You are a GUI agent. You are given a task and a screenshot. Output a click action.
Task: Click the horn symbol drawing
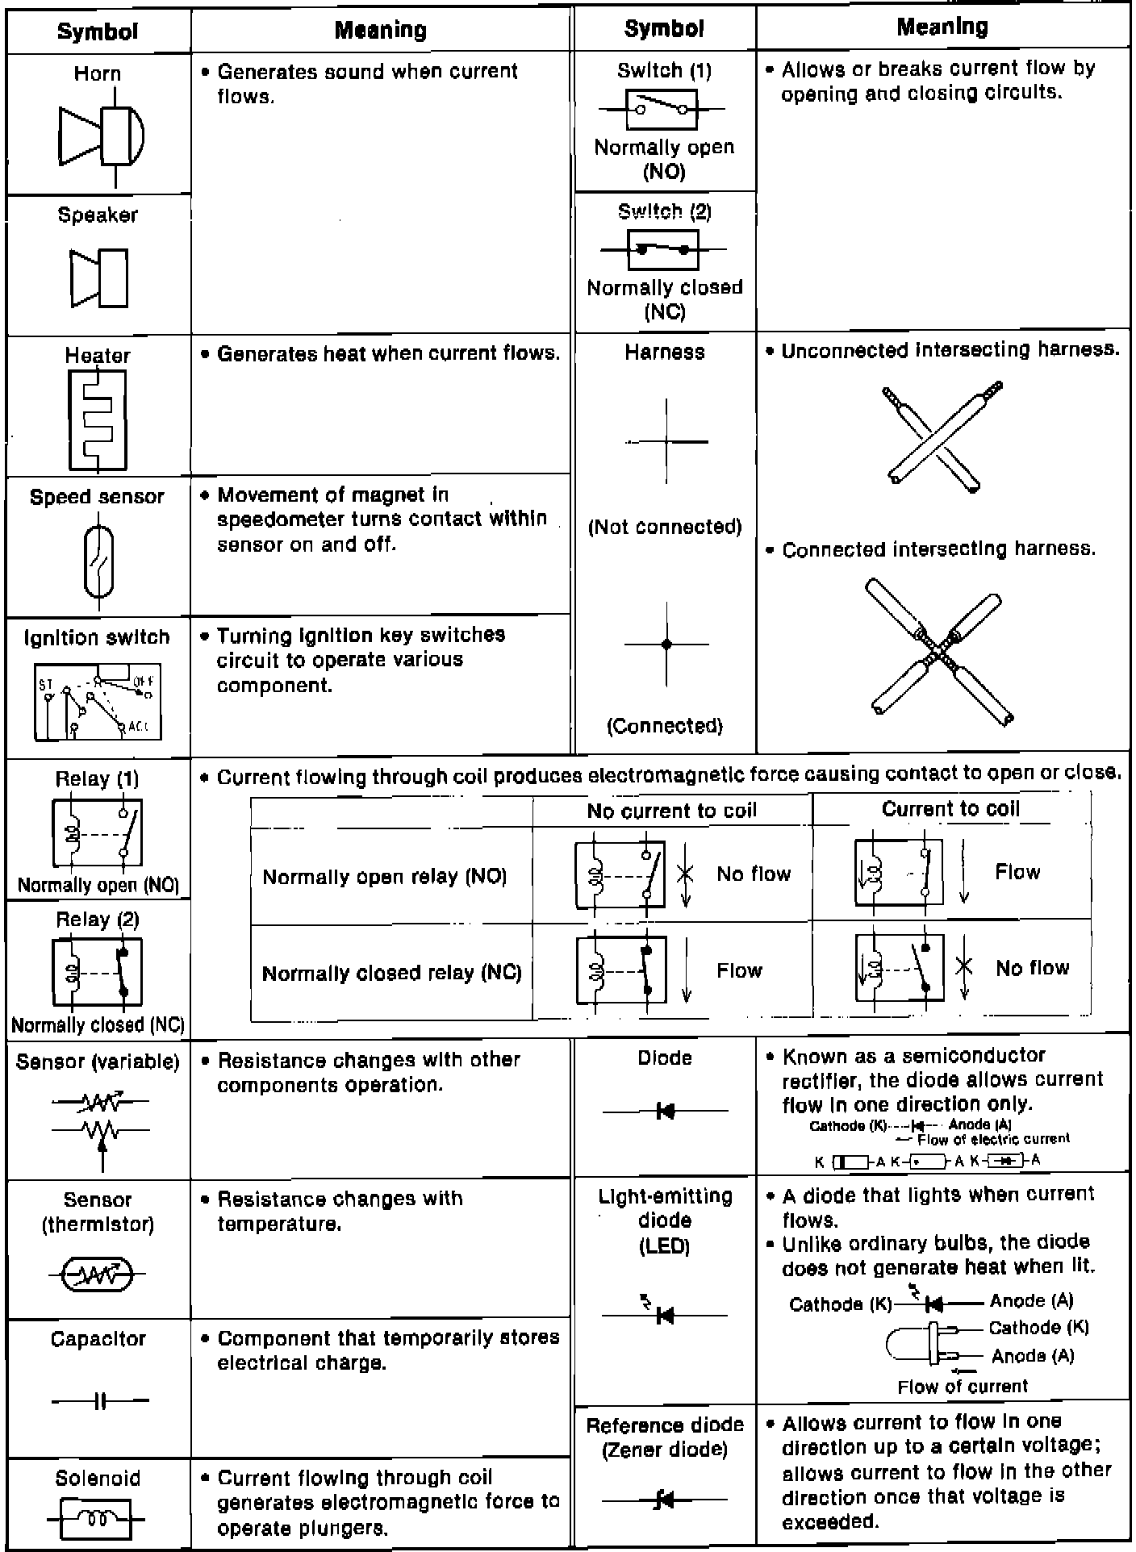click(x=102, y=134)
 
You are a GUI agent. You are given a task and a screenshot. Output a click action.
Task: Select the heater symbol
click(x=97, y=419)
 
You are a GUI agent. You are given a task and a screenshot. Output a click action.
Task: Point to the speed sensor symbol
click(x=98, y=561)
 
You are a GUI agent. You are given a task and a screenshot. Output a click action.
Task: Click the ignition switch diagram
click(x=98, y=702)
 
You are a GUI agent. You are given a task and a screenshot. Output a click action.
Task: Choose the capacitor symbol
click(x=100, y=1402)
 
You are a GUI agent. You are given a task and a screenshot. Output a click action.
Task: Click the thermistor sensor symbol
click(x=98, y=1275)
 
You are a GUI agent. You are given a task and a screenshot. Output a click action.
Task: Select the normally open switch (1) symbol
click(x=662, y=109)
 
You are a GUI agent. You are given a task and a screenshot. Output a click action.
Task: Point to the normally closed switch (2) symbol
click(x=662, y=249)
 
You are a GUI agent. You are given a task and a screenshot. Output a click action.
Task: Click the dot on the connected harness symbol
click(x=666, y=645)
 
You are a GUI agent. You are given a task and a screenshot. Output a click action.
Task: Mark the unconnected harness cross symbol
click(x=666, y=442)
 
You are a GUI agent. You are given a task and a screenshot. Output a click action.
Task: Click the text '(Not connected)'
click(x=665, y=528)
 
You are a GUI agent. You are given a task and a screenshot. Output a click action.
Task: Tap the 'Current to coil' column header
click(x=950, y=809)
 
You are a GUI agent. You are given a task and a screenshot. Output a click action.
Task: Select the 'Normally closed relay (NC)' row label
click(x=391, y=973)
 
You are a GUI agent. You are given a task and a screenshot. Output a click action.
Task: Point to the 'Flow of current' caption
click(x=963, y=1387)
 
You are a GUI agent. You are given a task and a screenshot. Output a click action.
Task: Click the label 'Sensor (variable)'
click(x=98, y=1062)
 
